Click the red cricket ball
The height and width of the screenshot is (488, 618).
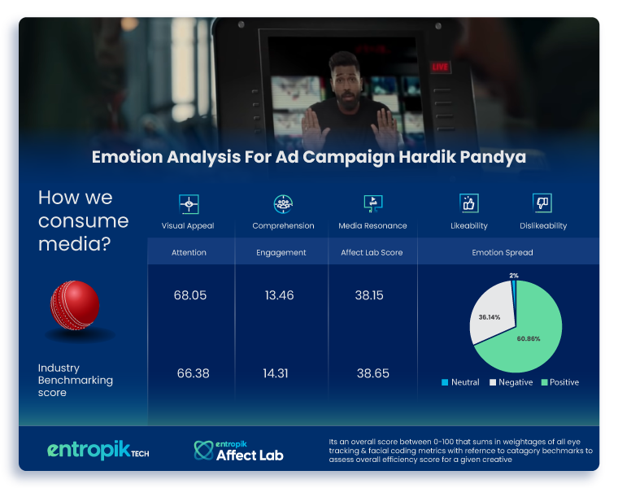pos(75,305)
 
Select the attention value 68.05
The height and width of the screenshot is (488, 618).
pos(190,295)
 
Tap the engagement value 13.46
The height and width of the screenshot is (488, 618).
pos(279,295)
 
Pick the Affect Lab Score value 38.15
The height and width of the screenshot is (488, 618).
pos(369,295)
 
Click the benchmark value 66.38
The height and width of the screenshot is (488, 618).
pos(194,373)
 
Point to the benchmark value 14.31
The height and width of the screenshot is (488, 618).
pos(276,373)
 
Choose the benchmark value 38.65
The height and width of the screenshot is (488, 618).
pos(373,373)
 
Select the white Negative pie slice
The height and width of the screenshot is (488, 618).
pos(490,316)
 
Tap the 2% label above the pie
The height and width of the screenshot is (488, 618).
pos(514,276)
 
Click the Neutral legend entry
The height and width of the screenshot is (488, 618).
pos(460,382)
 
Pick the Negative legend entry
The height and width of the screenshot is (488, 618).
pos(511,382)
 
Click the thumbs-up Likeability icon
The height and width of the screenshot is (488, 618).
pos(469,203)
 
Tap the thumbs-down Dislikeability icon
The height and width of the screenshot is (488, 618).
pos(542,203)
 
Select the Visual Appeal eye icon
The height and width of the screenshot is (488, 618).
pos(189,204)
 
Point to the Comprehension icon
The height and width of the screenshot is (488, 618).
pos(283,204)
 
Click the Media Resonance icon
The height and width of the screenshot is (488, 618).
pos(373,204)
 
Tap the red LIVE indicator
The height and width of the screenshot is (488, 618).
pos(440,67)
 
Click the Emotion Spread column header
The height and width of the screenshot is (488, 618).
pos(503,253)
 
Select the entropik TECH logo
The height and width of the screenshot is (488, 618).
pos(98,450)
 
